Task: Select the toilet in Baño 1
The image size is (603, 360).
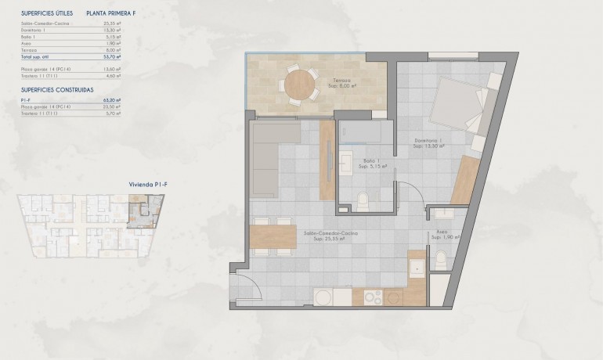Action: coord(362,203)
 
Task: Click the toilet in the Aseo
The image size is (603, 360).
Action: coord(441,259)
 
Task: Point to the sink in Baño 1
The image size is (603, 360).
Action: coord(346,162)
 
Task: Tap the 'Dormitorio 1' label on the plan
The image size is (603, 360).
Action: coord(429,142)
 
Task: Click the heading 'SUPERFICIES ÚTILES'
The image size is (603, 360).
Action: coord(47,13)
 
